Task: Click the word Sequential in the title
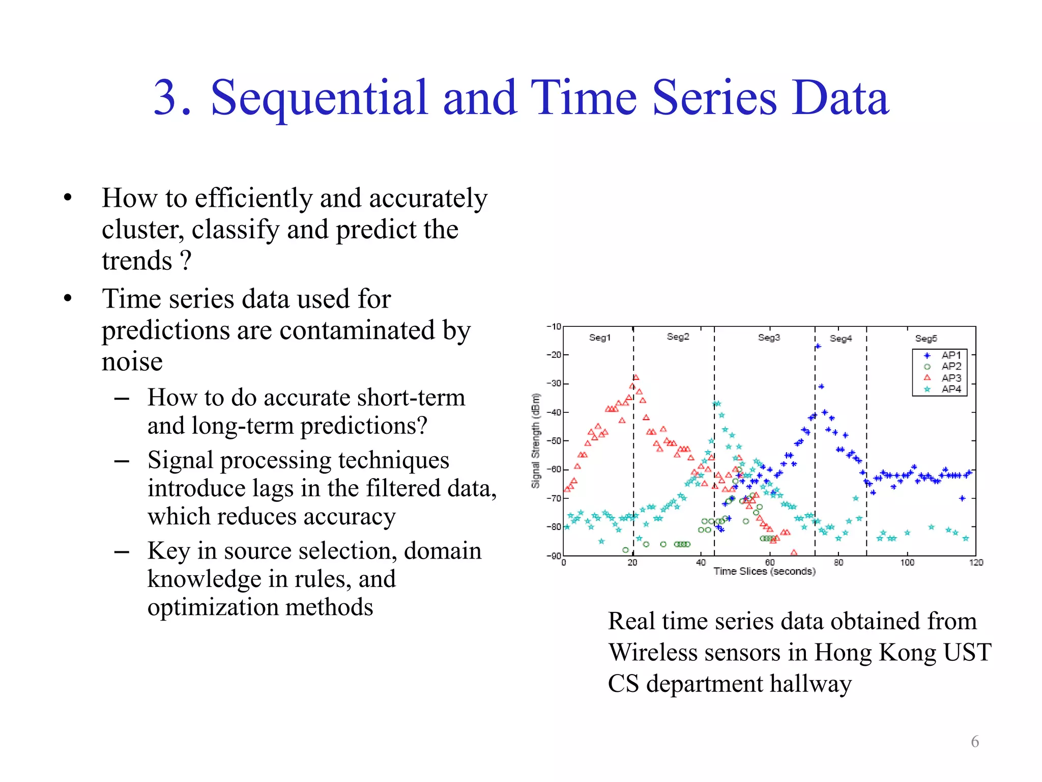point(319,98)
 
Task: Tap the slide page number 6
point(974,741)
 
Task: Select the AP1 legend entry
point(950,355)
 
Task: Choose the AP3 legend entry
point(950,378)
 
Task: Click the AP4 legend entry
point(950,389)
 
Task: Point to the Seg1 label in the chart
point(599,338)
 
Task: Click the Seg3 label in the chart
point(768,338)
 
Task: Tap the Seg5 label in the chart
point(925,339)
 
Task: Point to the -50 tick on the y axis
point(554,441)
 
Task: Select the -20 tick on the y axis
point(554,355)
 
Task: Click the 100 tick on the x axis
point(907,563)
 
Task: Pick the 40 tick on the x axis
point(701,563)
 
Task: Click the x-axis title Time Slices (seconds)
point(764,572)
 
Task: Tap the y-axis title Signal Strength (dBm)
point(535,441)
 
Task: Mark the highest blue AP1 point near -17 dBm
point(818,347)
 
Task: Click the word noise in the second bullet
point(132,362)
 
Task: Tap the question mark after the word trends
point(186,261)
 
